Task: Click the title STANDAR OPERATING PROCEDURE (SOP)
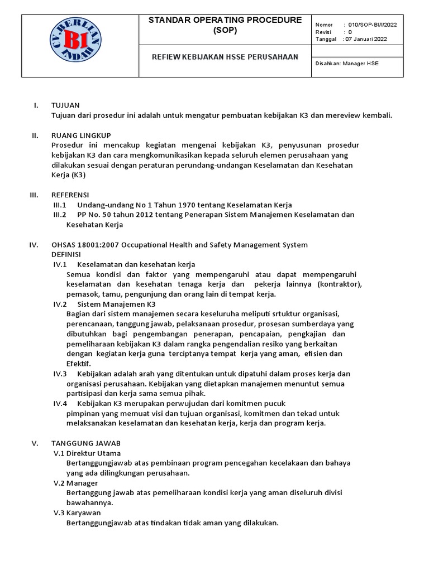[225, 25]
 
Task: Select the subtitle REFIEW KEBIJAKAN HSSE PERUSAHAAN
[226, 57]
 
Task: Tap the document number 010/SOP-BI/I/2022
[373, 25]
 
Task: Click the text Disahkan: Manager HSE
[347, 64]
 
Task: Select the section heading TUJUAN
[65, 105]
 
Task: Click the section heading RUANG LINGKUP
[81, 136]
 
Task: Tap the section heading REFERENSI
[70, 195]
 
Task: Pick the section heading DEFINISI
[66, 254]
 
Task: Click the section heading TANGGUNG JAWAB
[85, 443]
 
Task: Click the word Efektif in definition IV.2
[78, 364]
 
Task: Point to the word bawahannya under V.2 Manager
[89, 502]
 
